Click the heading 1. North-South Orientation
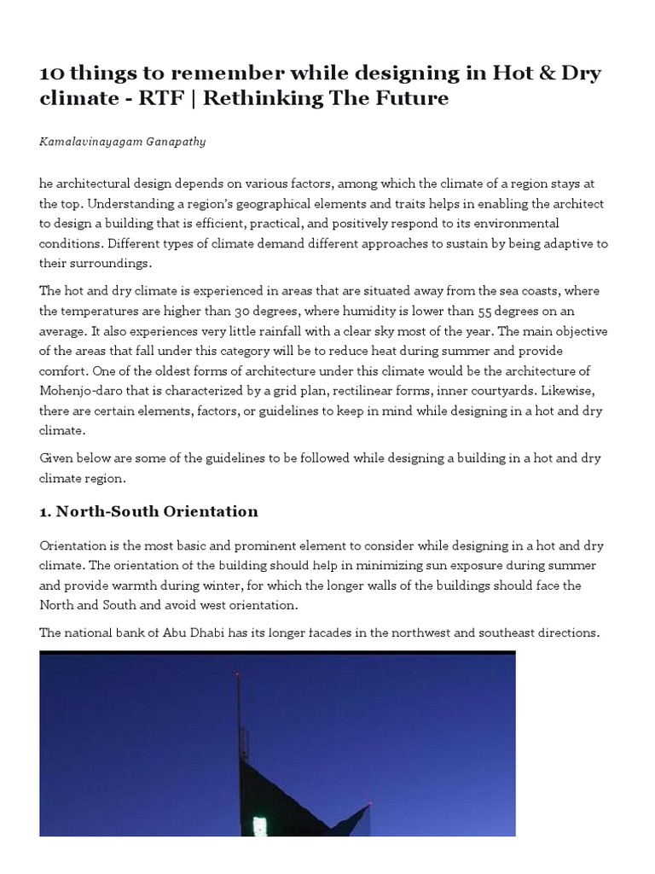148,511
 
